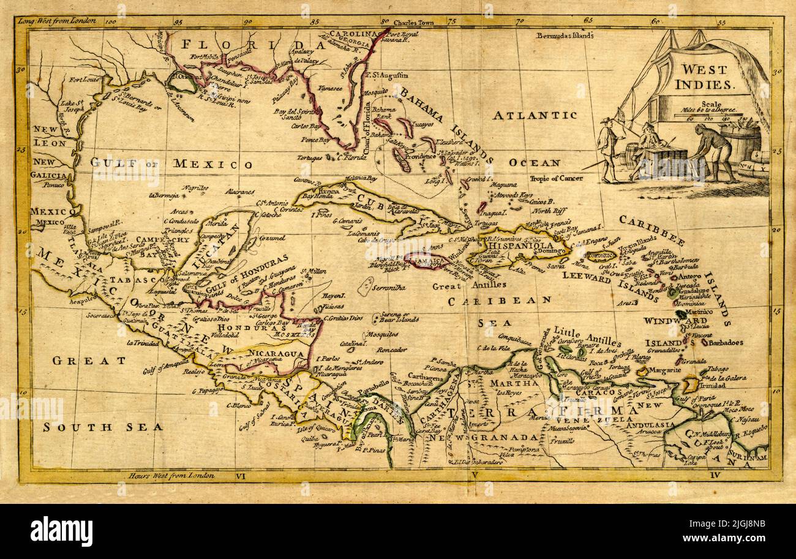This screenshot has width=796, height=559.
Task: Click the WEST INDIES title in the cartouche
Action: [x=705, y=77]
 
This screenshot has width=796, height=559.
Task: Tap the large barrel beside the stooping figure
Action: [x=740, y=143]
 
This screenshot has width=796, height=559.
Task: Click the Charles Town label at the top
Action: [x=413, y=23]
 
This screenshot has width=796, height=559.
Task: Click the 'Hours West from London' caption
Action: [x=171, y=475]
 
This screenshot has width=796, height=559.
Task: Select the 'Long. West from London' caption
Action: [x=57, y=21]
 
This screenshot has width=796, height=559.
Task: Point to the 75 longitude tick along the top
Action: [x=452, y=21]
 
